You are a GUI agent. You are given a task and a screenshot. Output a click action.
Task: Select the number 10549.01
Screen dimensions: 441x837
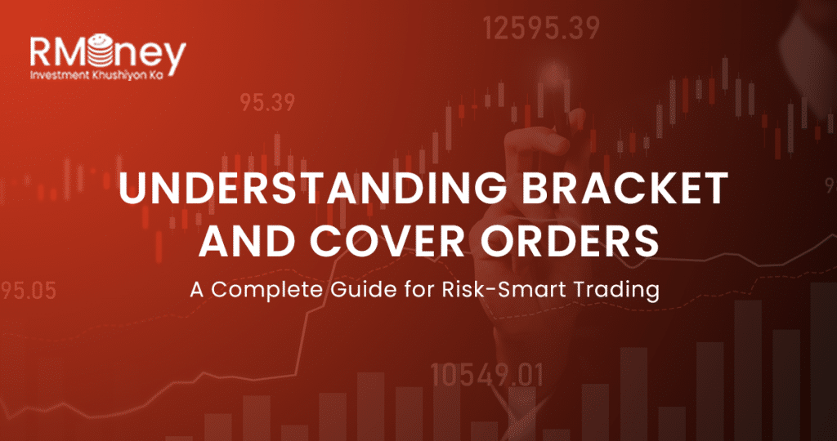pyautogui.click(x=487, y=375)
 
